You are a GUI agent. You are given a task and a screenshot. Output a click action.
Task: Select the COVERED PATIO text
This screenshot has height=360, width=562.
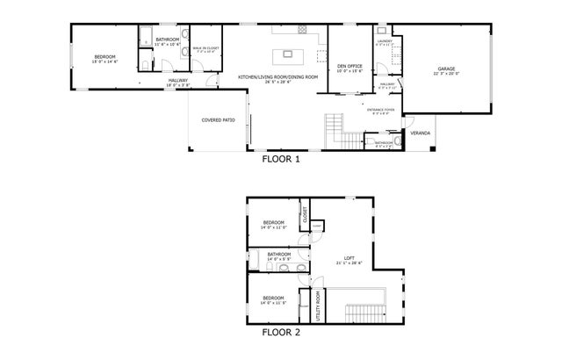pos(217,119)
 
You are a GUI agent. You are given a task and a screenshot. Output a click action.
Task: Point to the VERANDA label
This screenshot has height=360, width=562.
pos(421,133)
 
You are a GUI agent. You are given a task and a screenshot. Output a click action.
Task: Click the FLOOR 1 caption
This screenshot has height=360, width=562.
pos(281,160)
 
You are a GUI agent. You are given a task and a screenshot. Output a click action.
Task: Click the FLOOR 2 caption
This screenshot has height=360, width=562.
pos(281,333)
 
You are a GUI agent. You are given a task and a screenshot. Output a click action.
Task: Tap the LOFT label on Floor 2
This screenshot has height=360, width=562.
pos(349,257)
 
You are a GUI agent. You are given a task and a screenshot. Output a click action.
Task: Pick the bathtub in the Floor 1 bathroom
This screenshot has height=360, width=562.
pos(145,37)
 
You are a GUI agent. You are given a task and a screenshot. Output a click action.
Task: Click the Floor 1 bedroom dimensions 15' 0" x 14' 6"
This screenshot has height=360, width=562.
pos(105,62)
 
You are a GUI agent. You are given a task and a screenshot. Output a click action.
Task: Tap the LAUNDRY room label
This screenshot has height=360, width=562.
pos(384,40)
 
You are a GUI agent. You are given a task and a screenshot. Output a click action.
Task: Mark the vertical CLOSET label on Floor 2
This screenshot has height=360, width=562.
pos(303,216)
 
